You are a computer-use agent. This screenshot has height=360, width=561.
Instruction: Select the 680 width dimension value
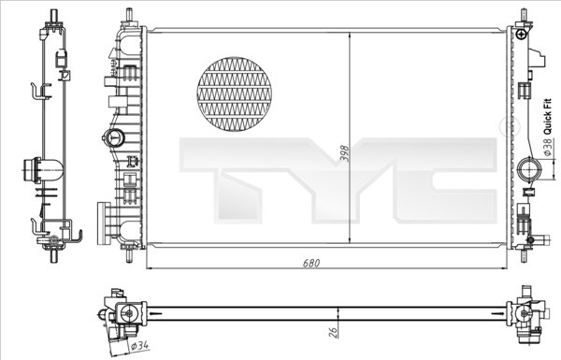311,263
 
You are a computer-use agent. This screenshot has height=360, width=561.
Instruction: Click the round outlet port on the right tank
526,171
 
